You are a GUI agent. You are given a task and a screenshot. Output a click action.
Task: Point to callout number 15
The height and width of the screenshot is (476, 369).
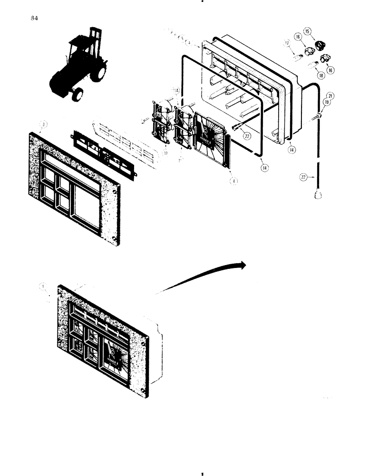click(x=308, y=31)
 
